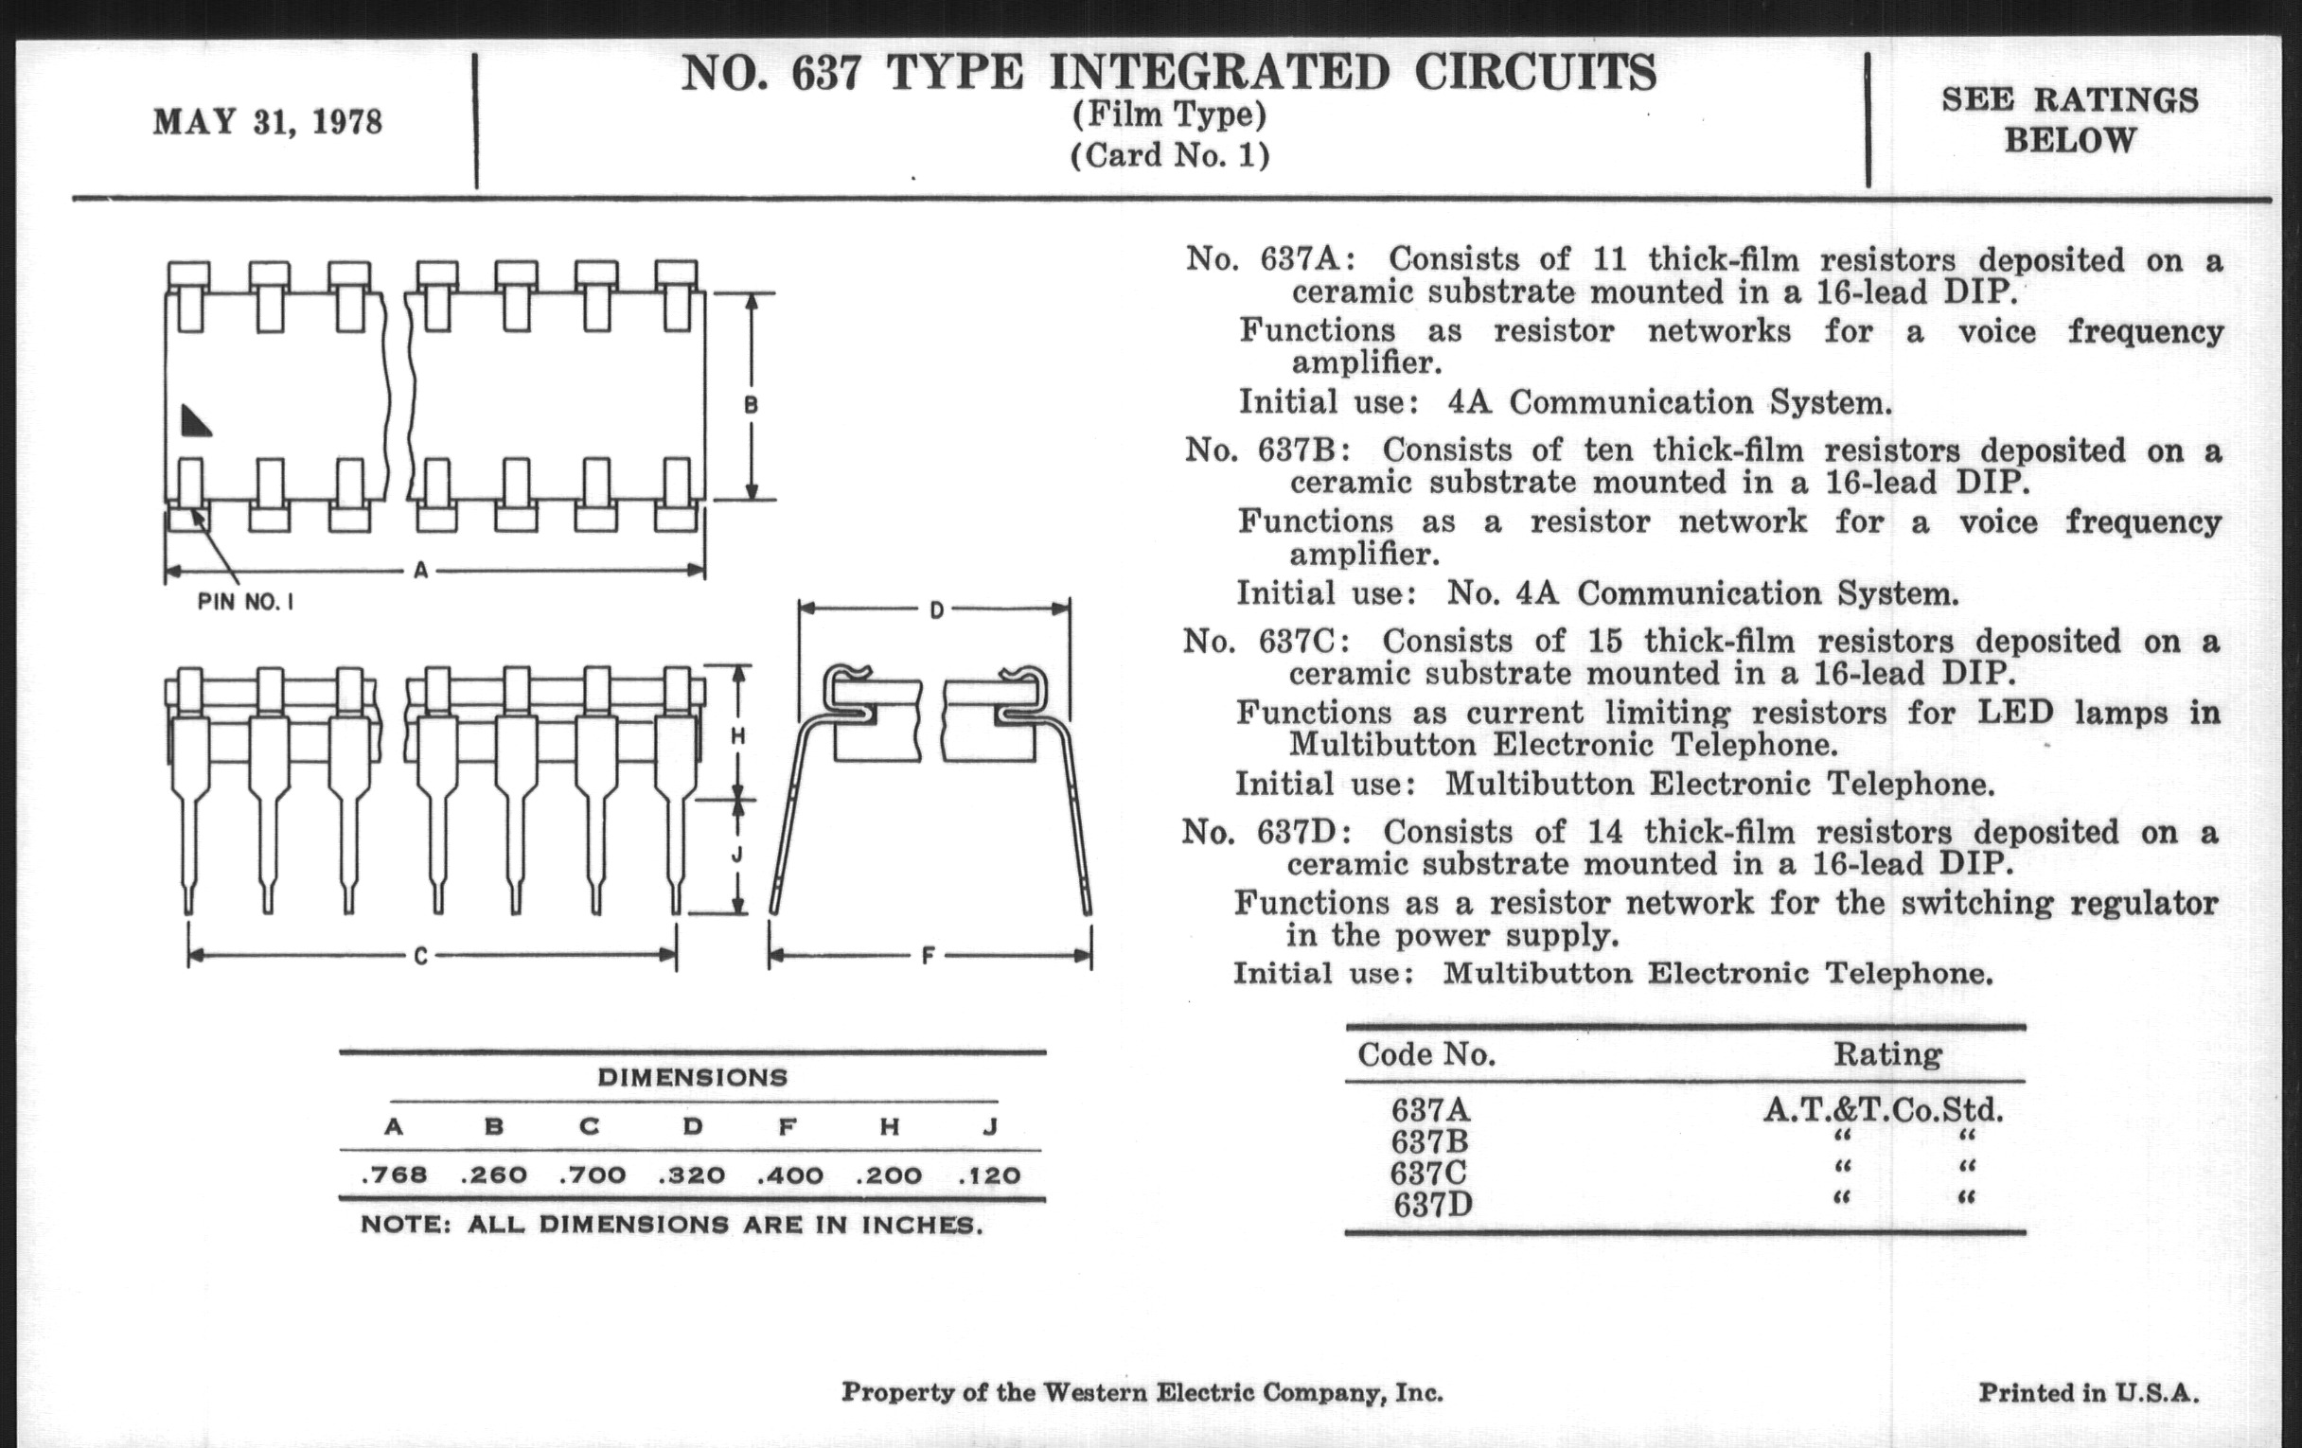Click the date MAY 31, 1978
(268, 122)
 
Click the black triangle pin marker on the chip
(195, 421)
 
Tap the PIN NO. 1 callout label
(246, 602)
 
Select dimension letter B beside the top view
(752, 405)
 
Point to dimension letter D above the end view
(937, 609)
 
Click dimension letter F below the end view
(928, 955)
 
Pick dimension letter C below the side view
(420, 955)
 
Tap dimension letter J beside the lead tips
(737, 856)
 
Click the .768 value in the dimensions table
(395, 1174)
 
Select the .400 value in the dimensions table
(790, 1174)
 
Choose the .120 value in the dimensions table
(990, 1174)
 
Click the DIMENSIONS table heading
(692, 1078)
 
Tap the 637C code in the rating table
(1429, 1173)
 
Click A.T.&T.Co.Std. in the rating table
(1884, 1109)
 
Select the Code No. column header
(1426, 1054)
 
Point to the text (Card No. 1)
(1170, 156)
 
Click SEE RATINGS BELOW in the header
(2070, 119)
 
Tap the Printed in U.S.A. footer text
(2088, 1392)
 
